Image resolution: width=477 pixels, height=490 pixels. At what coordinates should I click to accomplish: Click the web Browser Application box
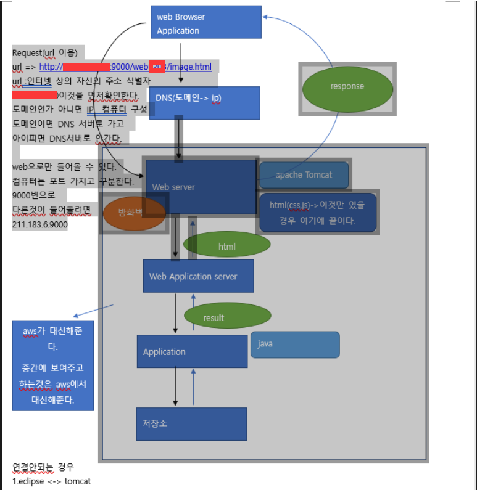205,22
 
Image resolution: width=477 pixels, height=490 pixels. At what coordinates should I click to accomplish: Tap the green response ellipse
347,87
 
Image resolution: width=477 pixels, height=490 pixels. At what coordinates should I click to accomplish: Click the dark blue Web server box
201,187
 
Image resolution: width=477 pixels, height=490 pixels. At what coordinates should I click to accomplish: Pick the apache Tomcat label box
304,175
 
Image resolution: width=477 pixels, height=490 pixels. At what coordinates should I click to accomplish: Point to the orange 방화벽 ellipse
132,213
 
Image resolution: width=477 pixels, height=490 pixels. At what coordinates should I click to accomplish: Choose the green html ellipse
226,245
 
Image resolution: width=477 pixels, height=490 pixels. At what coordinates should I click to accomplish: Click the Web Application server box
198,276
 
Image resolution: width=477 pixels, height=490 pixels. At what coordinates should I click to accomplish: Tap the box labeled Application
192,351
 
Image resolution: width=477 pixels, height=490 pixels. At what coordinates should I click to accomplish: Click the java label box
294,345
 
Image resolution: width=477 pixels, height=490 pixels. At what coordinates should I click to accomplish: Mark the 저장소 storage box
191,423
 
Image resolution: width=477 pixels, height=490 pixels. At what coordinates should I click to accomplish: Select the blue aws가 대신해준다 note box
53,365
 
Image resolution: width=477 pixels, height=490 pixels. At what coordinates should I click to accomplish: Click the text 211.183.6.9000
40,225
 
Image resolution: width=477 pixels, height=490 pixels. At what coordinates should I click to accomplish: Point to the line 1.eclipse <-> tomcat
52,481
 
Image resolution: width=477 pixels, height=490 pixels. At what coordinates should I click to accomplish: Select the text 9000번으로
33,196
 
